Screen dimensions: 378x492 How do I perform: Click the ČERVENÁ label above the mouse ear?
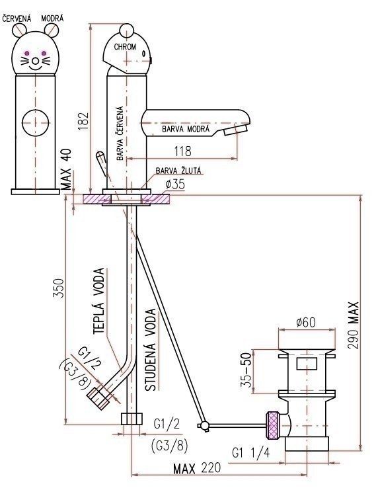[x=17, y=19]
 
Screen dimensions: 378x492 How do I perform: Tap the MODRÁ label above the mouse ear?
[x=52, y=19]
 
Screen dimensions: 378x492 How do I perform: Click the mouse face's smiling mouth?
[x=36, y=67]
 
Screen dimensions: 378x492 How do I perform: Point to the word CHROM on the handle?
[x=125, y=47]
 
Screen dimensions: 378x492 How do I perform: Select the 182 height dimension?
[x=84, y=121]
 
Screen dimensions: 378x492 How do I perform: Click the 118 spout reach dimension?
[x=183, y=151]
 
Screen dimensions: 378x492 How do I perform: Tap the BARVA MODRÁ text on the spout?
[x=186, y=129]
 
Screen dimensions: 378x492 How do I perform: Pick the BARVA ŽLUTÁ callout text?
[x=178, y=171]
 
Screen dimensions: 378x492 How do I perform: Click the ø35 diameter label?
[x=175, y=184]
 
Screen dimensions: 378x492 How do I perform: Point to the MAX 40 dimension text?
[x=66, y=169]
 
